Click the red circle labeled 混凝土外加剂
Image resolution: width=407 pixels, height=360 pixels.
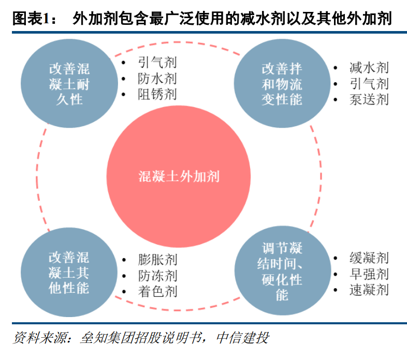tap(179, 176)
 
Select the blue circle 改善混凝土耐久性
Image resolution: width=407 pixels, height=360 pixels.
tap(69, 83)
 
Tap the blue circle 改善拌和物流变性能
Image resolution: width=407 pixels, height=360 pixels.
tap(282, 83)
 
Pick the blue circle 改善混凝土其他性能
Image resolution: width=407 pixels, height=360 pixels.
tap(69, 273)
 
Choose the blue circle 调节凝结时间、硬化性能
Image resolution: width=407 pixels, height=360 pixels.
tap(282, 273)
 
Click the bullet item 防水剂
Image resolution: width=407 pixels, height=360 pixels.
tap(157, 79)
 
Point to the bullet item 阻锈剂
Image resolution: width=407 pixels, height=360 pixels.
tap(157, 94)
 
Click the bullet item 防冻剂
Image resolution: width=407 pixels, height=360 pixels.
tap(157, 275)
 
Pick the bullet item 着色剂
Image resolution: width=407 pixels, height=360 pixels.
tap(157, 291)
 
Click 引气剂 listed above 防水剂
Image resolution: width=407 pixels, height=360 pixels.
tap(157, 63)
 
